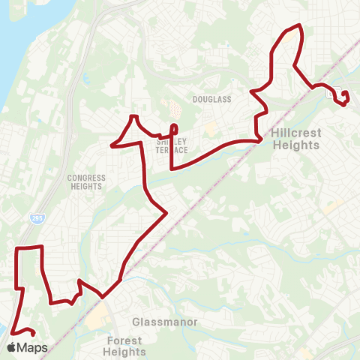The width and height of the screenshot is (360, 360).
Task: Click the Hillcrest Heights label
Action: (296, 139)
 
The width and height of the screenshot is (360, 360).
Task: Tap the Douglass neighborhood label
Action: (212, 99)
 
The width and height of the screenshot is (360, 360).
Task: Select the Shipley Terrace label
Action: (172, 144)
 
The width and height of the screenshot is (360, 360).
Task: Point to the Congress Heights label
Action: (87, 182)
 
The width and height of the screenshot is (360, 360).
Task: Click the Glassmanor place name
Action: (164, 322)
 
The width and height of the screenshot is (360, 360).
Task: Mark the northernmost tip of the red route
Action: (299, 25)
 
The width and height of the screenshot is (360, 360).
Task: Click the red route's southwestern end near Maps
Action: (34, 334)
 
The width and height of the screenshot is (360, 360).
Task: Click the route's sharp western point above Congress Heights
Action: (112, 144)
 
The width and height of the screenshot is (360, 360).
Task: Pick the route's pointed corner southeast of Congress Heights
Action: (166, 213)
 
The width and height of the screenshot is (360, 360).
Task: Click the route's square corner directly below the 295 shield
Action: (17, 247)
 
